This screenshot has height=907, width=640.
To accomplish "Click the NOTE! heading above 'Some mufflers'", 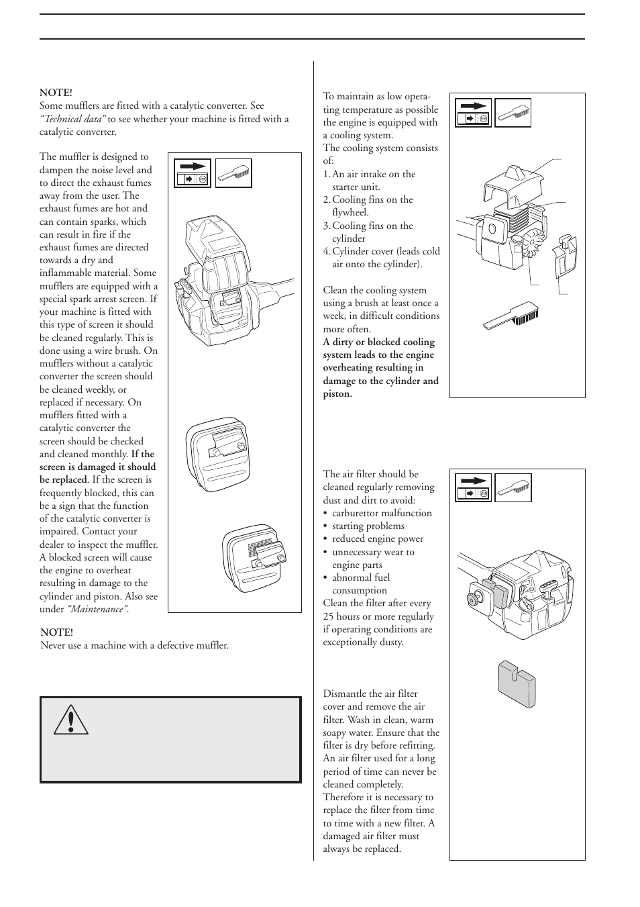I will coord(56,93).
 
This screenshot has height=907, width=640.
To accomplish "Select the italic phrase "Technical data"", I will coord(72,119).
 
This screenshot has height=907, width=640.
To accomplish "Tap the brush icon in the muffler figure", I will coord(233,173).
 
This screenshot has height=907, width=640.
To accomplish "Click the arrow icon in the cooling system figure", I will coord(473,112).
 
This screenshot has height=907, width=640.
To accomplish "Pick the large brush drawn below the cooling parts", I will coord(520,316).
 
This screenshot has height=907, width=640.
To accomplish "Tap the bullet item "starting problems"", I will coord(368,526).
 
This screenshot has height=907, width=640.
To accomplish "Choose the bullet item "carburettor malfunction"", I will coord(382,513).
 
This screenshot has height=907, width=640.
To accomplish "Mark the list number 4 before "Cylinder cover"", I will coord(326,251).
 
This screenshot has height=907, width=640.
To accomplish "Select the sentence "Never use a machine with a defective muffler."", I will coord(134,645).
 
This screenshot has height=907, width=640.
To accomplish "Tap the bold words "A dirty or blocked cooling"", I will coord(378,342).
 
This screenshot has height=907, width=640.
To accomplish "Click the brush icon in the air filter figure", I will coord(513,488).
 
